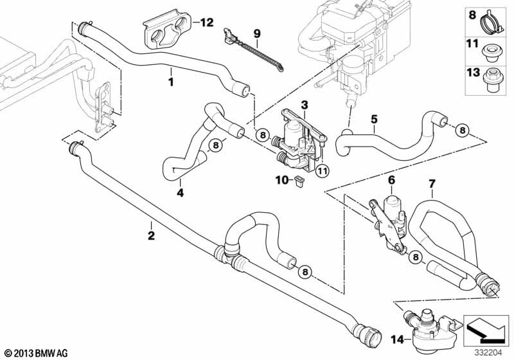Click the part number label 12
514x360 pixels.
(x=206, y=22)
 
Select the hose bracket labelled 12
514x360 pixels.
(x=167, y=31)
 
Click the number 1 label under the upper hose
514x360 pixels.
(x=171, y=82)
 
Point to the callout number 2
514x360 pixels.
(x=151, y=235)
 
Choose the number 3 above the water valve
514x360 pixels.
(x=305, y=105)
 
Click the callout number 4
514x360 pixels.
(x=181, y=192)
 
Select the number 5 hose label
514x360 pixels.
(x=375, y=119)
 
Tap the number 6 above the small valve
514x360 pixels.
(x=391, y=180)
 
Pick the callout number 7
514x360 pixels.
(x=432, y=184)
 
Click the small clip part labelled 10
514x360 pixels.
(x=299, y=181)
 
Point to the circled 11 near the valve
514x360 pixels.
(x=322, y=170)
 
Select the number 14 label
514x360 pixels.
(x=397, y=339)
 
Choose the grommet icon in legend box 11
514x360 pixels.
(x=491, y=53)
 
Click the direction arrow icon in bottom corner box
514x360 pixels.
(x=486, y=330)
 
